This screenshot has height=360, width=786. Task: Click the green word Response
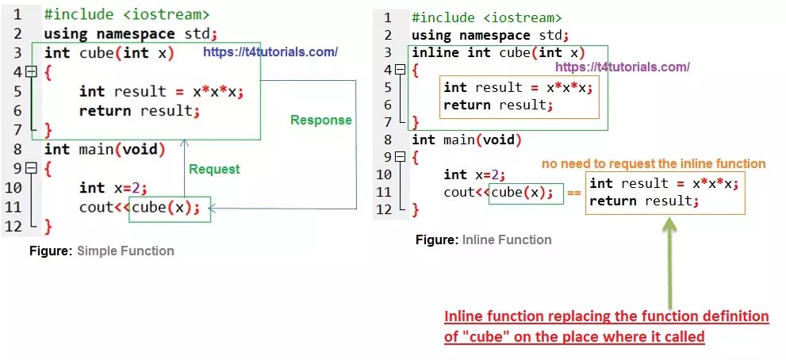(x=320, y=121)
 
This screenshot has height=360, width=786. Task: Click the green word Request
(x=213, y=169)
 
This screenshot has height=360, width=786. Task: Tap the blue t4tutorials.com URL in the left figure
(x=270, y=52)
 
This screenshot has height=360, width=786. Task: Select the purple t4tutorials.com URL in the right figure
(x=622, y=67)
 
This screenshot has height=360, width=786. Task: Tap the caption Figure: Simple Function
(x=102, y=251)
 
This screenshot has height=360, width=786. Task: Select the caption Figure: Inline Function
(x=483, y=239)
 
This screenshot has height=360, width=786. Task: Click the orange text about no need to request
(x=654, y=164)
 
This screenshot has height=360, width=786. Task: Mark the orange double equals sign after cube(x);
(x=575, y=193)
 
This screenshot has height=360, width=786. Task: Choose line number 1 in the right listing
(x=387, y=17)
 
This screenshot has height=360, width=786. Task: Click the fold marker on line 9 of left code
(x=31, y=168)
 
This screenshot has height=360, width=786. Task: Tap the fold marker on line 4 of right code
(x=397, y=70)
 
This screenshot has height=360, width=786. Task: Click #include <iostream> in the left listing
(x=127, y=14)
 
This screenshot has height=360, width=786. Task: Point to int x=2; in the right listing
(x=474, y=174)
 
